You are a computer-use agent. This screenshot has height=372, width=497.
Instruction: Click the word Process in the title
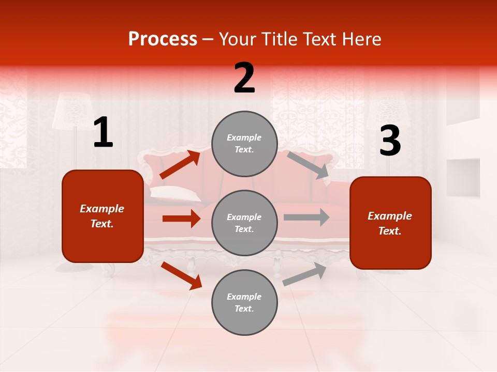point(163,39)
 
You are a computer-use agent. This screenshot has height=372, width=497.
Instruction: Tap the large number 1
point(103,133)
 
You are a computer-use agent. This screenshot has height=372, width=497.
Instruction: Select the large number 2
point(244,78)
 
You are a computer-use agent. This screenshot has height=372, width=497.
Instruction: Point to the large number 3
point(390,141)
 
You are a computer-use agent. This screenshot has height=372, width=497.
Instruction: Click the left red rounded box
point(103,216)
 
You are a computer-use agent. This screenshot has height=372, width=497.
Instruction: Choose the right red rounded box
point(390,223)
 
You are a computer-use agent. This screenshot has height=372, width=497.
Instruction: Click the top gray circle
point(244,144)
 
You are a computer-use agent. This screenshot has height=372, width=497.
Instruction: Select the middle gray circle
point(244,223)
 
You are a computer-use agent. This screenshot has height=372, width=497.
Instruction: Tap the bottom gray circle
point(244,302)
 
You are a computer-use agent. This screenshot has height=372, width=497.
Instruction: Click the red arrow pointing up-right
point(180,165)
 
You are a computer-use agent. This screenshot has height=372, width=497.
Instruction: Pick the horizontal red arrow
point(181,219)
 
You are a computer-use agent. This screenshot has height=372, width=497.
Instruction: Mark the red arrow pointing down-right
point(181,275)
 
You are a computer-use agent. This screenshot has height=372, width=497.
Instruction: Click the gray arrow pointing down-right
point(308,165)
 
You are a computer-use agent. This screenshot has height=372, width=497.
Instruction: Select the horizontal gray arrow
point(306,217)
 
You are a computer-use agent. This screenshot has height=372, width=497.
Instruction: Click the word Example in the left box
point(102,209)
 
